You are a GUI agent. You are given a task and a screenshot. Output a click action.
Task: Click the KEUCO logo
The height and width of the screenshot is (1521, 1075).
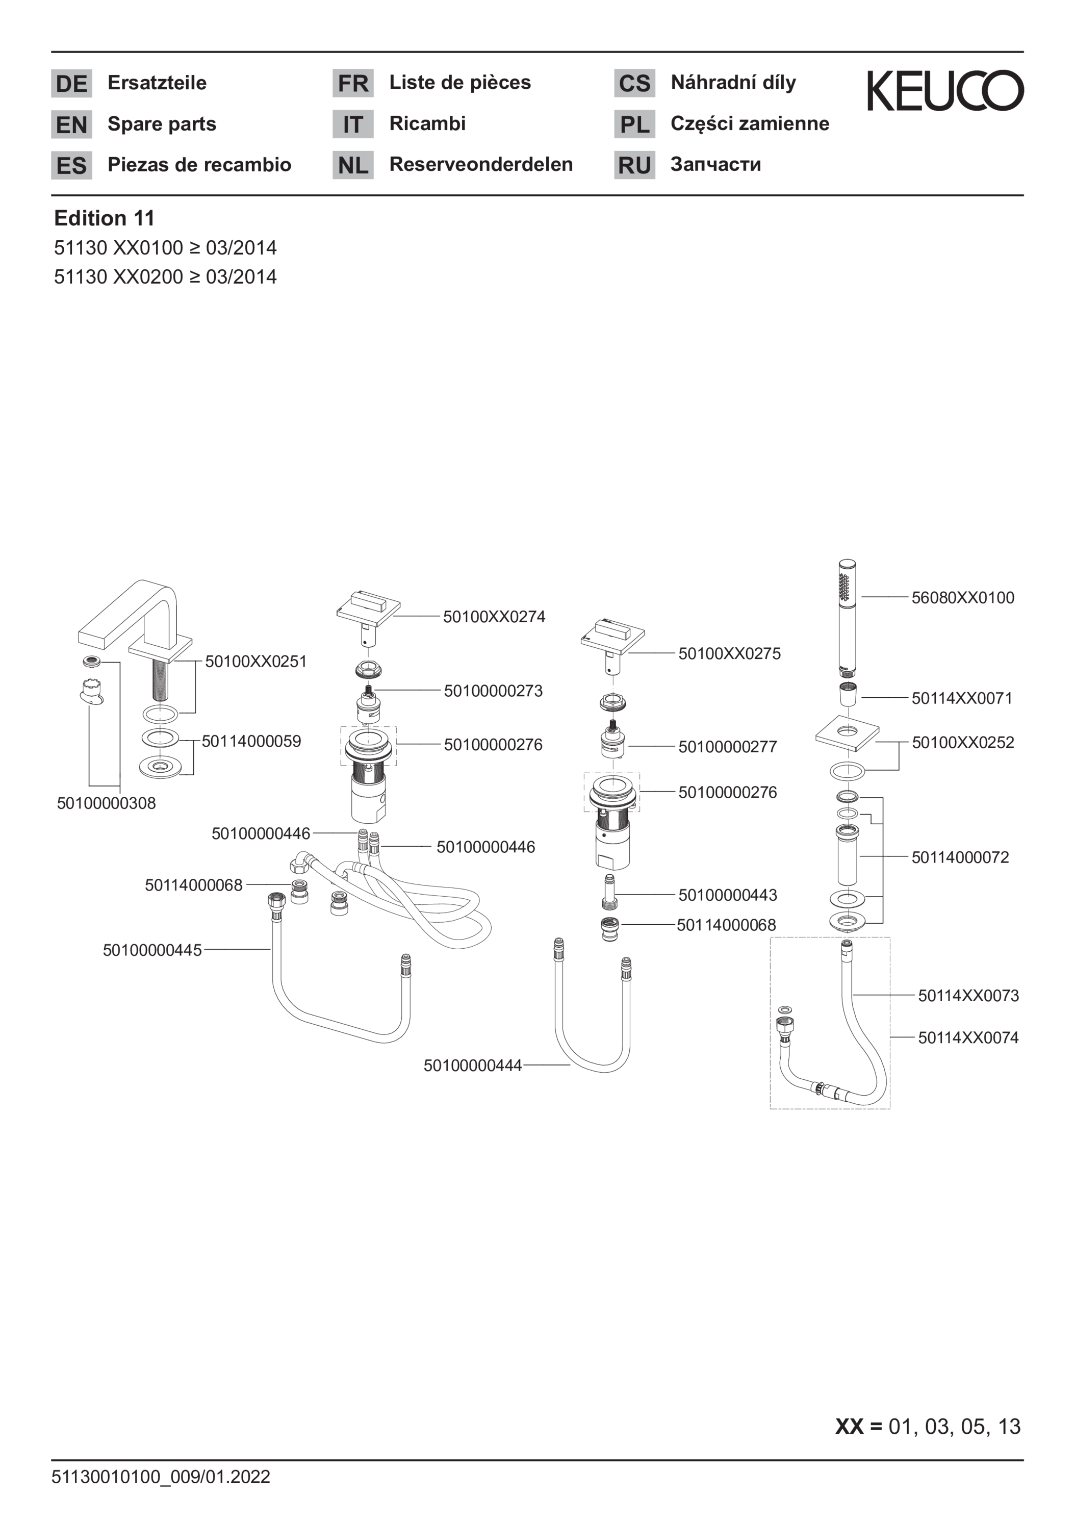point(945,90)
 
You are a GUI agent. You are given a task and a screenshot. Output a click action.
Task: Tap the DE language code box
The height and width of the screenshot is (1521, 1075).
point(71,84)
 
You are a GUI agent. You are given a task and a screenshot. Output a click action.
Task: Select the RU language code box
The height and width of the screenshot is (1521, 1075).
point(634,165)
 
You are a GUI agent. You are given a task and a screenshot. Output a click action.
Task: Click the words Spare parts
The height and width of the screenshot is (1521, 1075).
point(162,124)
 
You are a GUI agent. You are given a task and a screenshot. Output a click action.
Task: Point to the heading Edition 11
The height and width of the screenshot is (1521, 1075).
point(104,218)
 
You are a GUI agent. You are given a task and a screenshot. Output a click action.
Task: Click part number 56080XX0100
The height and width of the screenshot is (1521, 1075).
point(962,598)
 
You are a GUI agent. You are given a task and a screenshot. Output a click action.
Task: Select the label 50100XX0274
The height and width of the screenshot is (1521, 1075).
point(494,617)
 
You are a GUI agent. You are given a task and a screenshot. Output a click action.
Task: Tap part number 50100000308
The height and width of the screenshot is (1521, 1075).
point(106,803)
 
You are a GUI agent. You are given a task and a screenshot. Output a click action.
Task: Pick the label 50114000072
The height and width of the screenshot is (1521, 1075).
point(960,857)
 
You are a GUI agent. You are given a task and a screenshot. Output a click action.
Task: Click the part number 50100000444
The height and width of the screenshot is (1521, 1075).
point(473,1065)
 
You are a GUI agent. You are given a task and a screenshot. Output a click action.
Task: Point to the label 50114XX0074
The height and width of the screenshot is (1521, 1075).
point(968,1037)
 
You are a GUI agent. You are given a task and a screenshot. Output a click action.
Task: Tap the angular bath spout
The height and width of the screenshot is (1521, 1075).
point(135,619)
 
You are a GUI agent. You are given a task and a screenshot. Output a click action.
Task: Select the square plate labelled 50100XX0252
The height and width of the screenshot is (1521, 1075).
point(847,733)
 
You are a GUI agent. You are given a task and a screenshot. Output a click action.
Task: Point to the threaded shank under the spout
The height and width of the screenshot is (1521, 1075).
point(160,680)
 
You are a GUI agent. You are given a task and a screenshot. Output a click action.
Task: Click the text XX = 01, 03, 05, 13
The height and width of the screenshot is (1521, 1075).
point(928,1426)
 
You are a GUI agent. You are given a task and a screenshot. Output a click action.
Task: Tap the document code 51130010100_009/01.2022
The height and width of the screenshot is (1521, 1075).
point(161,1477)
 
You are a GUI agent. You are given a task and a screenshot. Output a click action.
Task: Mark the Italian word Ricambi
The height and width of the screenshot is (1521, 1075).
point(427,123)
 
